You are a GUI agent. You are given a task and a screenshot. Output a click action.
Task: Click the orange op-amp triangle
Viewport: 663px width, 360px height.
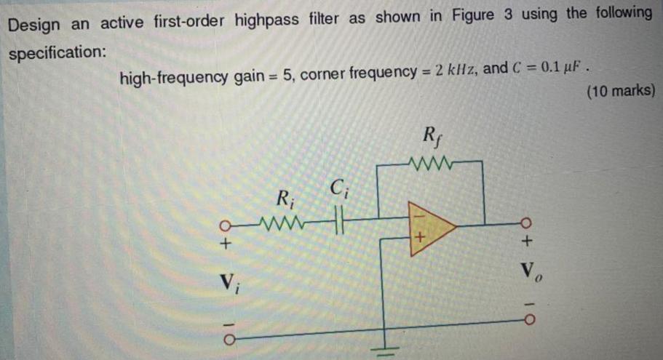pyautogui.click(x=430, y=230)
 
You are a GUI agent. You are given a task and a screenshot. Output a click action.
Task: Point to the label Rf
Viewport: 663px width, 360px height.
pyautogui.click(x=429, y=137)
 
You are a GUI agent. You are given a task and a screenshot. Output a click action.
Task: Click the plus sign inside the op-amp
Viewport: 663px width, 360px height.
pyautogui.click(x=420, y=238)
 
